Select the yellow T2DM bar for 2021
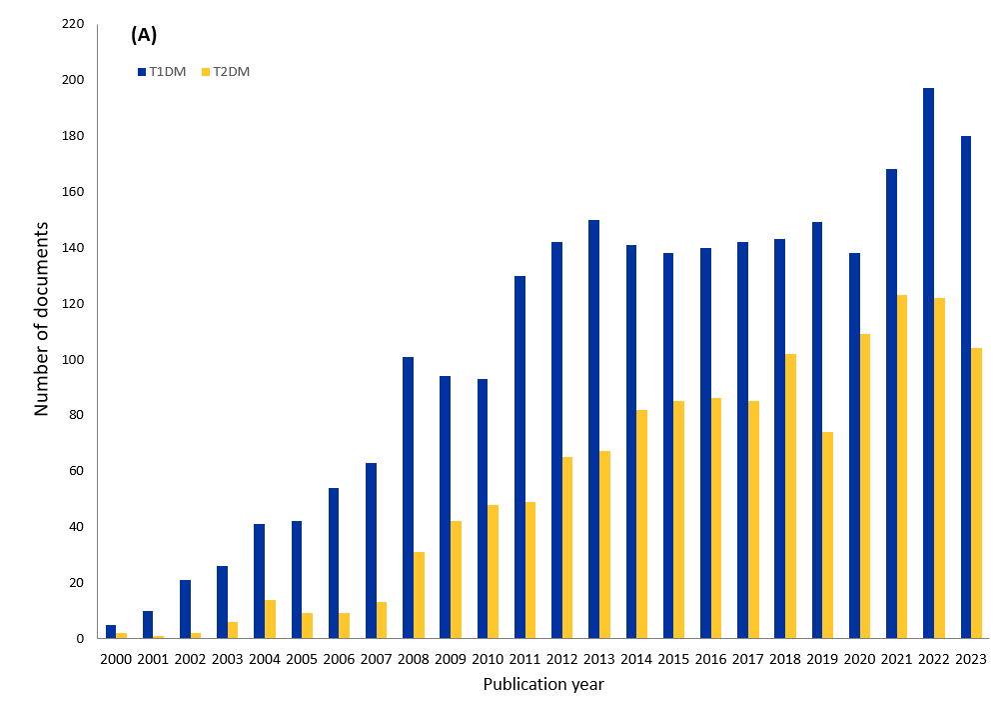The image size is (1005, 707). coord(902,466)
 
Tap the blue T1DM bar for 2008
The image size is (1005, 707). coord(408,497)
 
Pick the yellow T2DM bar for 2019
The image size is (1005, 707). coord(828,535)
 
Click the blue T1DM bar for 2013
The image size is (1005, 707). coord(593,429)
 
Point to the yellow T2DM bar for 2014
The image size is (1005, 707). coord(642,524)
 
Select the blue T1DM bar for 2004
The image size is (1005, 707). coord(259,581)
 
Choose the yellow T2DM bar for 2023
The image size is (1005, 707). coord(976,493)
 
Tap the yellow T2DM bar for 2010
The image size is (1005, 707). coord(494,571)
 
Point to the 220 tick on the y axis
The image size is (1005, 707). coord(72,24)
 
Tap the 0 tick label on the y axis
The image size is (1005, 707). coord(79,639)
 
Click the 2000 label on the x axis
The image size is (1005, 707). coord(116,659)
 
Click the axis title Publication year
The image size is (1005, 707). coord(542,685)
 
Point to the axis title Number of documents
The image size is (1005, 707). coord(42,319)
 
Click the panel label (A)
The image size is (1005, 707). coord(144,35)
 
